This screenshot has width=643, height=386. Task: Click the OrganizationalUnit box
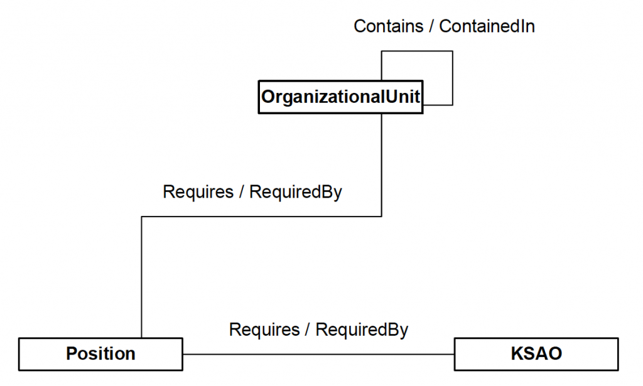tap(340, 97)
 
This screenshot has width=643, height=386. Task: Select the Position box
tap(100, 354)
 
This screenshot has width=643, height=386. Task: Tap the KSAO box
tap(536, 354)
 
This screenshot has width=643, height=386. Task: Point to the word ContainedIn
tap(487, 26)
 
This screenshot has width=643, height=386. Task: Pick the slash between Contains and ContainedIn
tap(433, 26)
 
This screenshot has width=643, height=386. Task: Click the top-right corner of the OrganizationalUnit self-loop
tap(452, 51)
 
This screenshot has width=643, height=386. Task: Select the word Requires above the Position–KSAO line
tap(264, 330)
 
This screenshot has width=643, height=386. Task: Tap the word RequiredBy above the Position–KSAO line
tap(362, 330)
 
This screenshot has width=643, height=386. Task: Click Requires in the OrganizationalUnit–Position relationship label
tap(198, 192)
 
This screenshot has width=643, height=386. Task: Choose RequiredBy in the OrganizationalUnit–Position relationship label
tap(296, 192)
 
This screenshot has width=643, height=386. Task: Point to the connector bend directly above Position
tap(142, 217)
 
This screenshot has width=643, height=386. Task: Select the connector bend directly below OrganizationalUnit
tap(382, 217)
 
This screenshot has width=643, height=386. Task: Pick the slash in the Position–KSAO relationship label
tap(307, 330)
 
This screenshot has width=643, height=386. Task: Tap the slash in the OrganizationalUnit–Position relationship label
tap(241, 192)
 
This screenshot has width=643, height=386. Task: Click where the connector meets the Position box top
tap(142, 338)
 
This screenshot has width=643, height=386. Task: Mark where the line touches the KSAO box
tap(455, 354)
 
